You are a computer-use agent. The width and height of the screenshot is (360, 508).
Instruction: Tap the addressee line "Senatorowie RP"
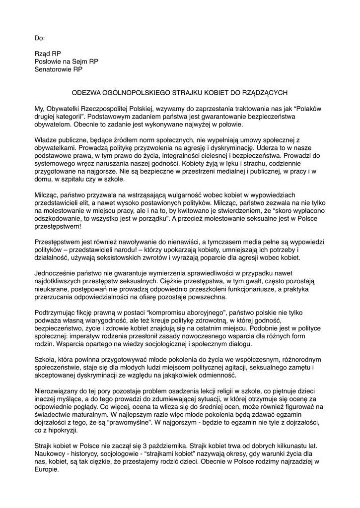point(59,69)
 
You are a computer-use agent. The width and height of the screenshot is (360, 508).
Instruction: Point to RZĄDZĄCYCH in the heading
point(263,92)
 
